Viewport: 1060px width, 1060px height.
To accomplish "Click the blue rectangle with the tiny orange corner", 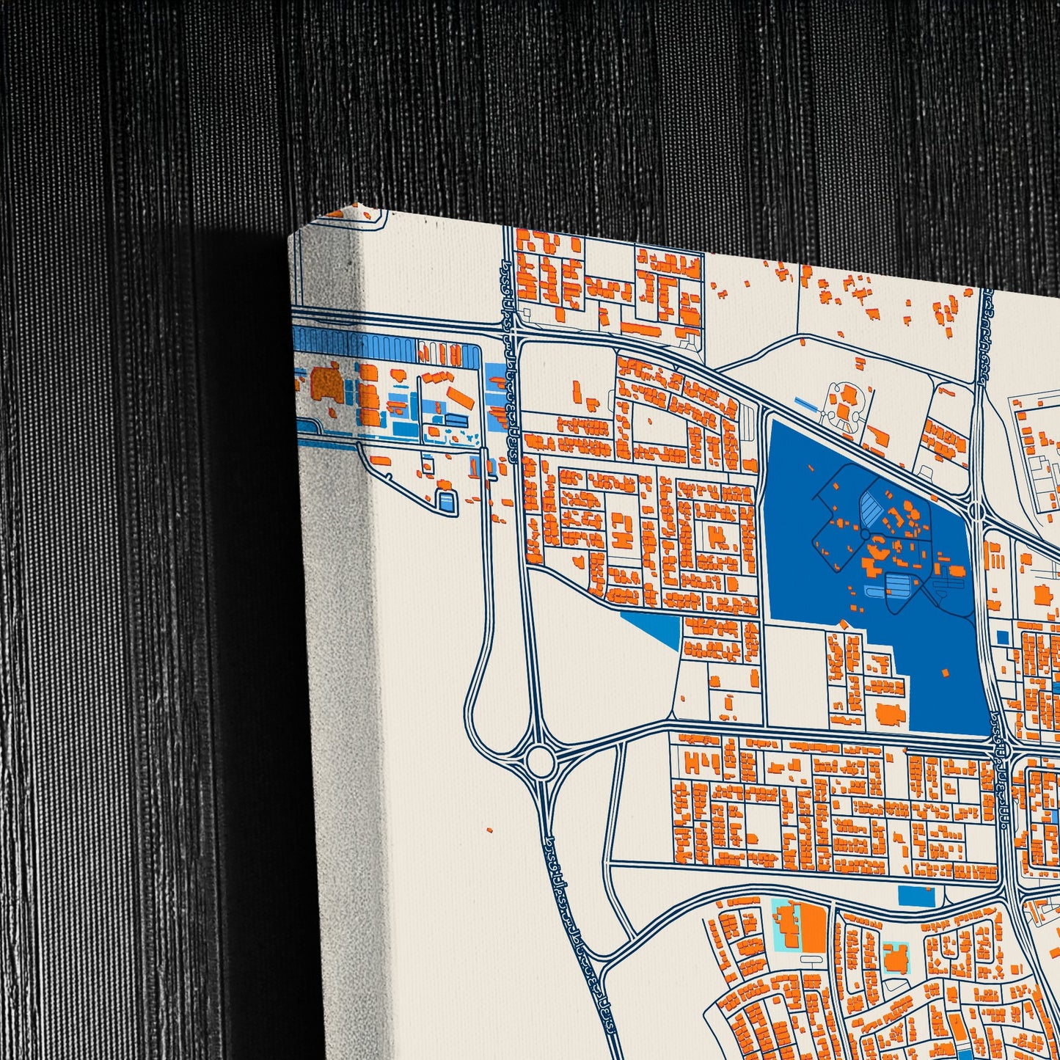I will pos(916,896).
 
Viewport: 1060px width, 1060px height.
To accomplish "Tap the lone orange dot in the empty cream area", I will pos(489,830).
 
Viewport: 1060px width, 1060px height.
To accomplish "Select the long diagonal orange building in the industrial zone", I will pos(461,398).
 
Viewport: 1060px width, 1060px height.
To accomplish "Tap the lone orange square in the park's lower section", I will pos(945,672).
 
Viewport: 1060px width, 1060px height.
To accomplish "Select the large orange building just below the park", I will pos(891,713).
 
